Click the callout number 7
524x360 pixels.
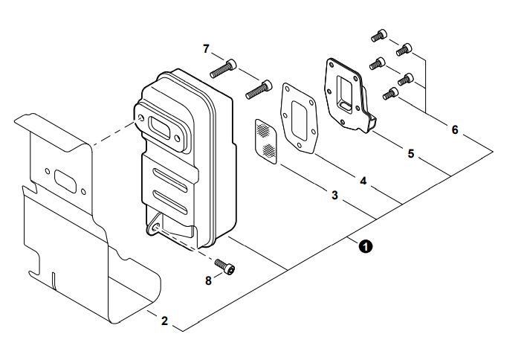[x=206, y=48]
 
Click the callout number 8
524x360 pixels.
[x=209, y=280]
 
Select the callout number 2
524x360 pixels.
[x=164, y=321]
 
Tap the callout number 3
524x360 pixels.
[x=335, y=196]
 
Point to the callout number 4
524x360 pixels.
[x=363, y=180]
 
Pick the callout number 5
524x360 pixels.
[x=411, y=154]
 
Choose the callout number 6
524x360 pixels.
[x=455, y=129]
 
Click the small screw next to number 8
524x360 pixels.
[x=224, y=267]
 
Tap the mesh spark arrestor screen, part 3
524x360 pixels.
[x=265, y=141]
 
